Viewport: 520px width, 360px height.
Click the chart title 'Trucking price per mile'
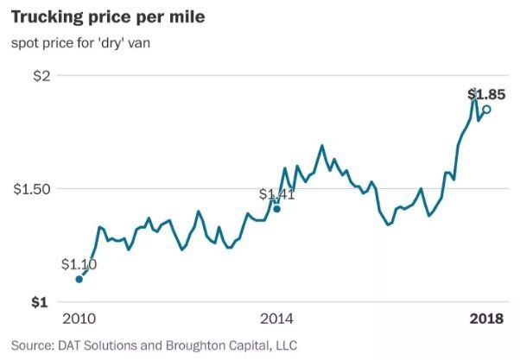click(108, 18)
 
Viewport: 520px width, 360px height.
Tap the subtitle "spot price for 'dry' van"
click(80, 43)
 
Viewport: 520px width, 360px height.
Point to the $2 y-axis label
click(41, 76)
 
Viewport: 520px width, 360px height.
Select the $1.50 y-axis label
click(32, 189)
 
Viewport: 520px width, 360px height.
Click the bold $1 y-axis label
click(40, 302)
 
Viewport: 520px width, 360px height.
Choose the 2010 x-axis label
click(79, 319)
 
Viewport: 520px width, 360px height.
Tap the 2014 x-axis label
click(276, 319)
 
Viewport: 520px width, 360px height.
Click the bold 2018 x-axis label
click(486, 319)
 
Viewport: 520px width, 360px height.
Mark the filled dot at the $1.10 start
click(79, 279)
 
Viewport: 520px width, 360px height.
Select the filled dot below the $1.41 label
click(277, 209)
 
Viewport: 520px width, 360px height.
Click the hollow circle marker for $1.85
click(486, 110)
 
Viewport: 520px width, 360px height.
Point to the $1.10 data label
click(79, 264)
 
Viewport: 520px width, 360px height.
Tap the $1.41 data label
click(276, 194)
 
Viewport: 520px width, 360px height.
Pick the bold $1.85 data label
click(486, 94)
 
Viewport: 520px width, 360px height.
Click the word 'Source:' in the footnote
click(33, 345)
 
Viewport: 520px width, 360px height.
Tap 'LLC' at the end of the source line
click(286, 345)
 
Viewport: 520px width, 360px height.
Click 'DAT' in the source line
click(69, 345)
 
